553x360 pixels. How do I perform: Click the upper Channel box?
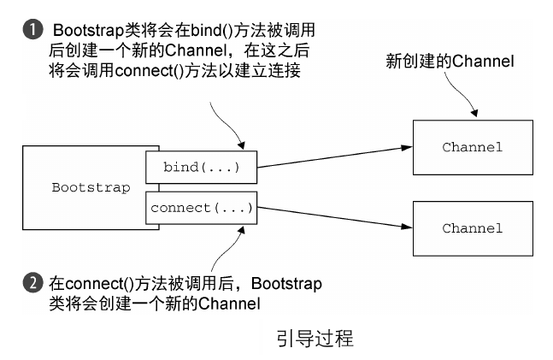click(472, 147)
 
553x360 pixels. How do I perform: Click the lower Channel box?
click(472, 228)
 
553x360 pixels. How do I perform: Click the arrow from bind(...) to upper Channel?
click(333, 156)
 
